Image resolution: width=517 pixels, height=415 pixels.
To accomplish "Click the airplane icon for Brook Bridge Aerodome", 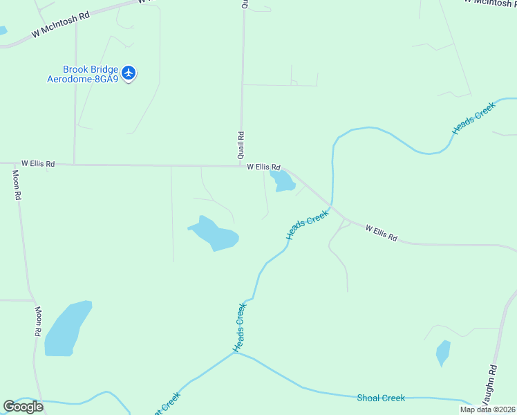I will point(129,73).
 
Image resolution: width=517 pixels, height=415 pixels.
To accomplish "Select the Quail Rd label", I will point(241,145).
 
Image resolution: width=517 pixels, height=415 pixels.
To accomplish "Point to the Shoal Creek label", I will point(381,398).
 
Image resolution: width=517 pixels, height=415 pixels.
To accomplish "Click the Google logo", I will point(23,407).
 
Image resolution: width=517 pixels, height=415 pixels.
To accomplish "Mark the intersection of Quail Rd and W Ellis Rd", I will point(241,166).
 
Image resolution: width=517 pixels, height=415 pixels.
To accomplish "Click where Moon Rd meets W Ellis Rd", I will point(14,164).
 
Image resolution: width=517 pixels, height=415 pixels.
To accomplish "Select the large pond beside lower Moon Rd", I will point(67,329).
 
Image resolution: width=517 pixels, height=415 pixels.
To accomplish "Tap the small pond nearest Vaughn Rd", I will point(443,353).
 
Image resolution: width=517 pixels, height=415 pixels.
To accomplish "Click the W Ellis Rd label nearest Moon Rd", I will point(37,164).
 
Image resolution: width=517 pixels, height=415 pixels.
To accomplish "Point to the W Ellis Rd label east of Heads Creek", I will point(381,233).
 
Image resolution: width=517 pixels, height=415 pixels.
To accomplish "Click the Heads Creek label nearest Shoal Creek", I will point(239,328).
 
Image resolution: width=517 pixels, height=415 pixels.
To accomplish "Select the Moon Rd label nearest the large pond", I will point(38,322).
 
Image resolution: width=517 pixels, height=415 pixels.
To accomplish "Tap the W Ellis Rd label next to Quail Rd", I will point(264,167).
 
